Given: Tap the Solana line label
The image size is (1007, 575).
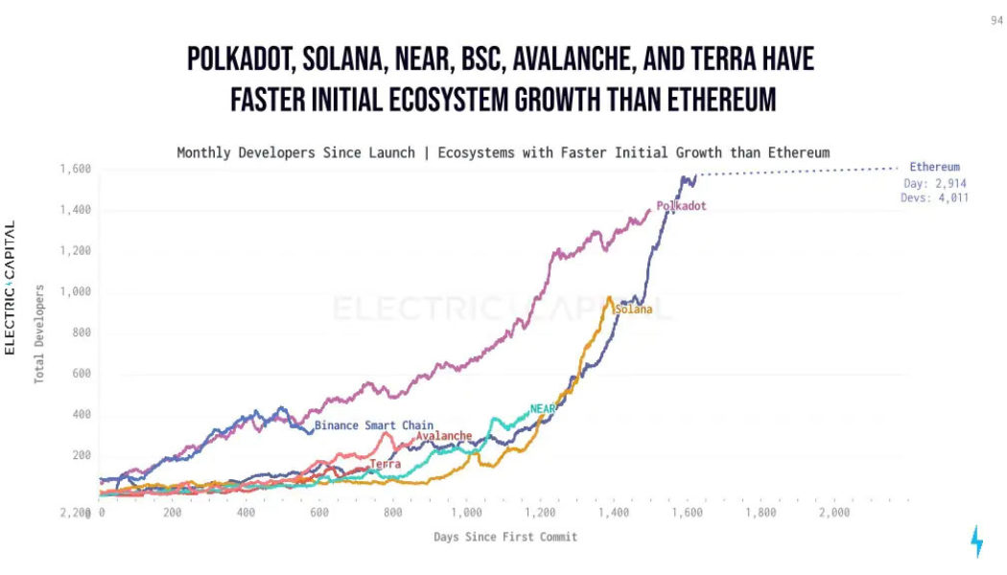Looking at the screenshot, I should pos(633,310).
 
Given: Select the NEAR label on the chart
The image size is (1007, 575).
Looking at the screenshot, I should pos(543,409).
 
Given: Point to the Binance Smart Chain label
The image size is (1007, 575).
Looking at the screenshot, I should pos(374,425).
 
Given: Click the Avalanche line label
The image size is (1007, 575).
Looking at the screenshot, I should pos(444,436).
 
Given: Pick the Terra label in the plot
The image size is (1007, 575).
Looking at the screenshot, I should pos(386,465).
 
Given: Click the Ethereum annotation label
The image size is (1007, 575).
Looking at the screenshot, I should pos(934,167).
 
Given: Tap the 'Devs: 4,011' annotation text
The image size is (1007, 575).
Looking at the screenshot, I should pos(936,198).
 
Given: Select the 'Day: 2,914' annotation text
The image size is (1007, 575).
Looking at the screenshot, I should pos(937,183).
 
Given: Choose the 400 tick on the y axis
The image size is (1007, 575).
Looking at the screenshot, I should pos(81,415).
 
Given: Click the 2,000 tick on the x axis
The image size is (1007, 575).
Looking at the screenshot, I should pos(834,514).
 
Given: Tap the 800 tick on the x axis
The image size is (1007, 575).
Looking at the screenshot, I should pos(393,514).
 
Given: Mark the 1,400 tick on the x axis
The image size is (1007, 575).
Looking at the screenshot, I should pos(614,514).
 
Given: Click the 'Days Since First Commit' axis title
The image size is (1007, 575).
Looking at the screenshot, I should pos(505,537).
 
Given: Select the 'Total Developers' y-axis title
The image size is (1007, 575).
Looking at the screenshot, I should pos(40,333).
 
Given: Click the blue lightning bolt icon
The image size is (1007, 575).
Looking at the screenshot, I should pos(976,541).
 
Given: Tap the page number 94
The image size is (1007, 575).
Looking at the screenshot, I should pos(996,20).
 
